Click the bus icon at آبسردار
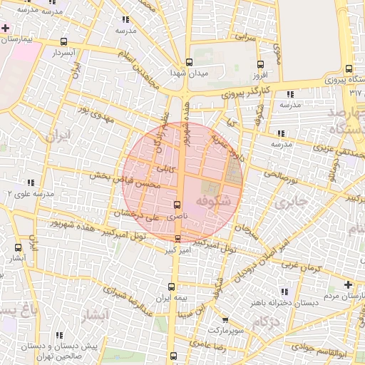tap(64, 41)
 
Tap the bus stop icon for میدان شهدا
tap(189, 61)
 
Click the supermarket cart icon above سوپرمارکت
tap(225, 320)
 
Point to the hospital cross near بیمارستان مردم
tap(347, 284)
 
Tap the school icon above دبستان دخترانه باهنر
tap(285, 292)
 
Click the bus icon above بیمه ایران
tap(162, 286)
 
